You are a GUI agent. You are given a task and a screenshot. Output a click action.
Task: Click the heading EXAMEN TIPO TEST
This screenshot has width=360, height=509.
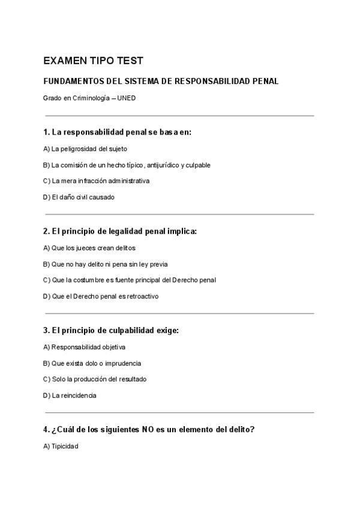[93, 61]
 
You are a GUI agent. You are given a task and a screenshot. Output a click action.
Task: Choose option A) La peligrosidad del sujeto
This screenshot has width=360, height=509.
[85, 148]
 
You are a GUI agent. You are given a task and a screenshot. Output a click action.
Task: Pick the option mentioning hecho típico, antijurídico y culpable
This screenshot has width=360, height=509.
[127, 164]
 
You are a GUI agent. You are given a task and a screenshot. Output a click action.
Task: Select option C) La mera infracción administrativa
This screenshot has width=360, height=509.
[96, 181]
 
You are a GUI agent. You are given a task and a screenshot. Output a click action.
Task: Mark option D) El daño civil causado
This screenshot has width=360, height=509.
[79, 197]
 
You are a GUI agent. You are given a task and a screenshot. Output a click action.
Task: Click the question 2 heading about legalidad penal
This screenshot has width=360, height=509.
[120, 230]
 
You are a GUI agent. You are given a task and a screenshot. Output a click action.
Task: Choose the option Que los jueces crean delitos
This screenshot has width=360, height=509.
[89, 247]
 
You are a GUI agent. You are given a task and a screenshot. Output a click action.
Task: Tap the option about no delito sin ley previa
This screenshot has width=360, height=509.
[106, 264]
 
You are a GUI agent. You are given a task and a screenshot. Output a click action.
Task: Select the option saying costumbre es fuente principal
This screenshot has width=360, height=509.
[130, 280]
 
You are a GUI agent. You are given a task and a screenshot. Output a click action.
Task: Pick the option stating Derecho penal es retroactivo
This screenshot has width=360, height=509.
[101, 296]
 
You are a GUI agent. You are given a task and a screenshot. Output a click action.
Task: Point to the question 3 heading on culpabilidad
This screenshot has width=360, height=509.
[111, 330]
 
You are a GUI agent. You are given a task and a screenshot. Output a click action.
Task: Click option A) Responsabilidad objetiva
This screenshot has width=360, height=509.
[84, 347]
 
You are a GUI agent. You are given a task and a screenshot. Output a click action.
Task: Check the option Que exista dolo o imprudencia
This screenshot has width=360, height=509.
[92, 363]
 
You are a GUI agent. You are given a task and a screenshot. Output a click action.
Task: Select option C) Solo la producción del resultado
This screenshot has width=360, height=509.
[95, 379]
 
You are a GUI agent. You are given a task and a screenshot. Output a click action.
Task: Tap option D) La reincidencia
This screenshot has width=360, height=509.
[70, 396]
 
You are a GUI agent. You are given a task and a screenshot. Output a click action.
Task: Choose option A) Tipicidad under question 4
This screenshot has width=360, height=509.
[61, 447]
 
